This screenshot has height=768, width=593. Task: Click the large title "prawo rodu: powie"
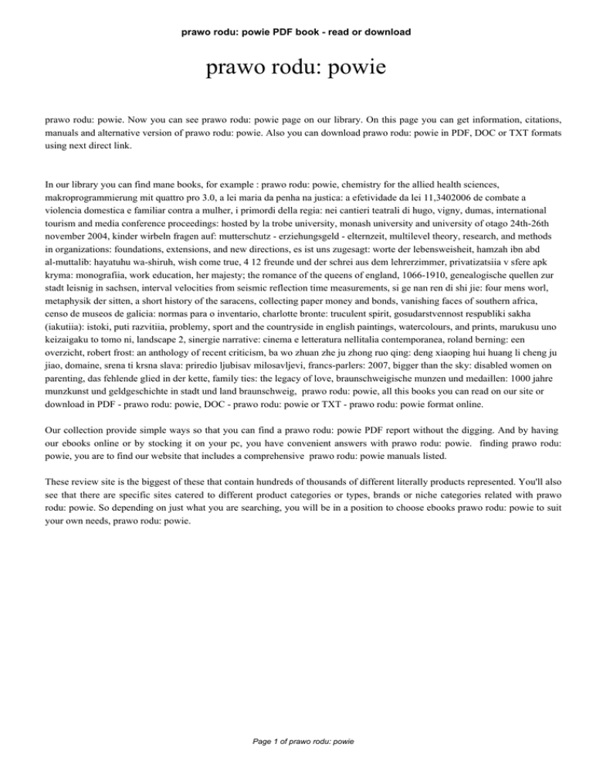[296, 71]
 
